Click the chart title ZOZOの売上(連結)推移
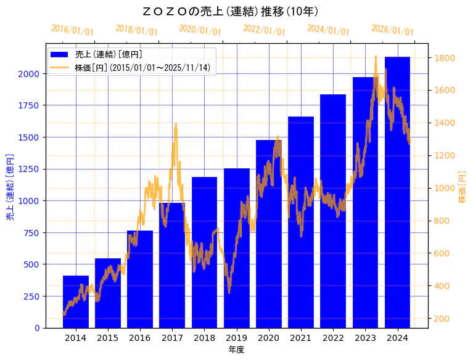[x=230, y=12]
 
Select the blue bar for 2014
[x=76, y=301]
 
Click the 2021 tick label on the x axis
[x=301, y=338]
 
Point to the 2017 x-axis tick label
[x=172, y=338]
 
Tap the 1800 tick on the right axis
[x=445, y=58]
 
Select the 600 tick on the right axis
[x=443, y=253]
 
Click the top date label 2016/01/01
[x=73, y=30]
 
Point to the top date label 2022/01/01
[x=265, y=30]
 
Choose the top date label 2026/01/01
[x=393, y=30]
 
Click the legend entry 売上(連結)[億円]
[x=109, y=55]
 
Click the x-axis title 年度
[x=236, y=350]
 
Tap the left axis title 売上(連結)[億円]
[x=10, y=186]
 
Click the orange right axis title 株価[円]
[x=462, y=186]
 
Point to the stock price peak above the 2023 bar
[x=376, y=57]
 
